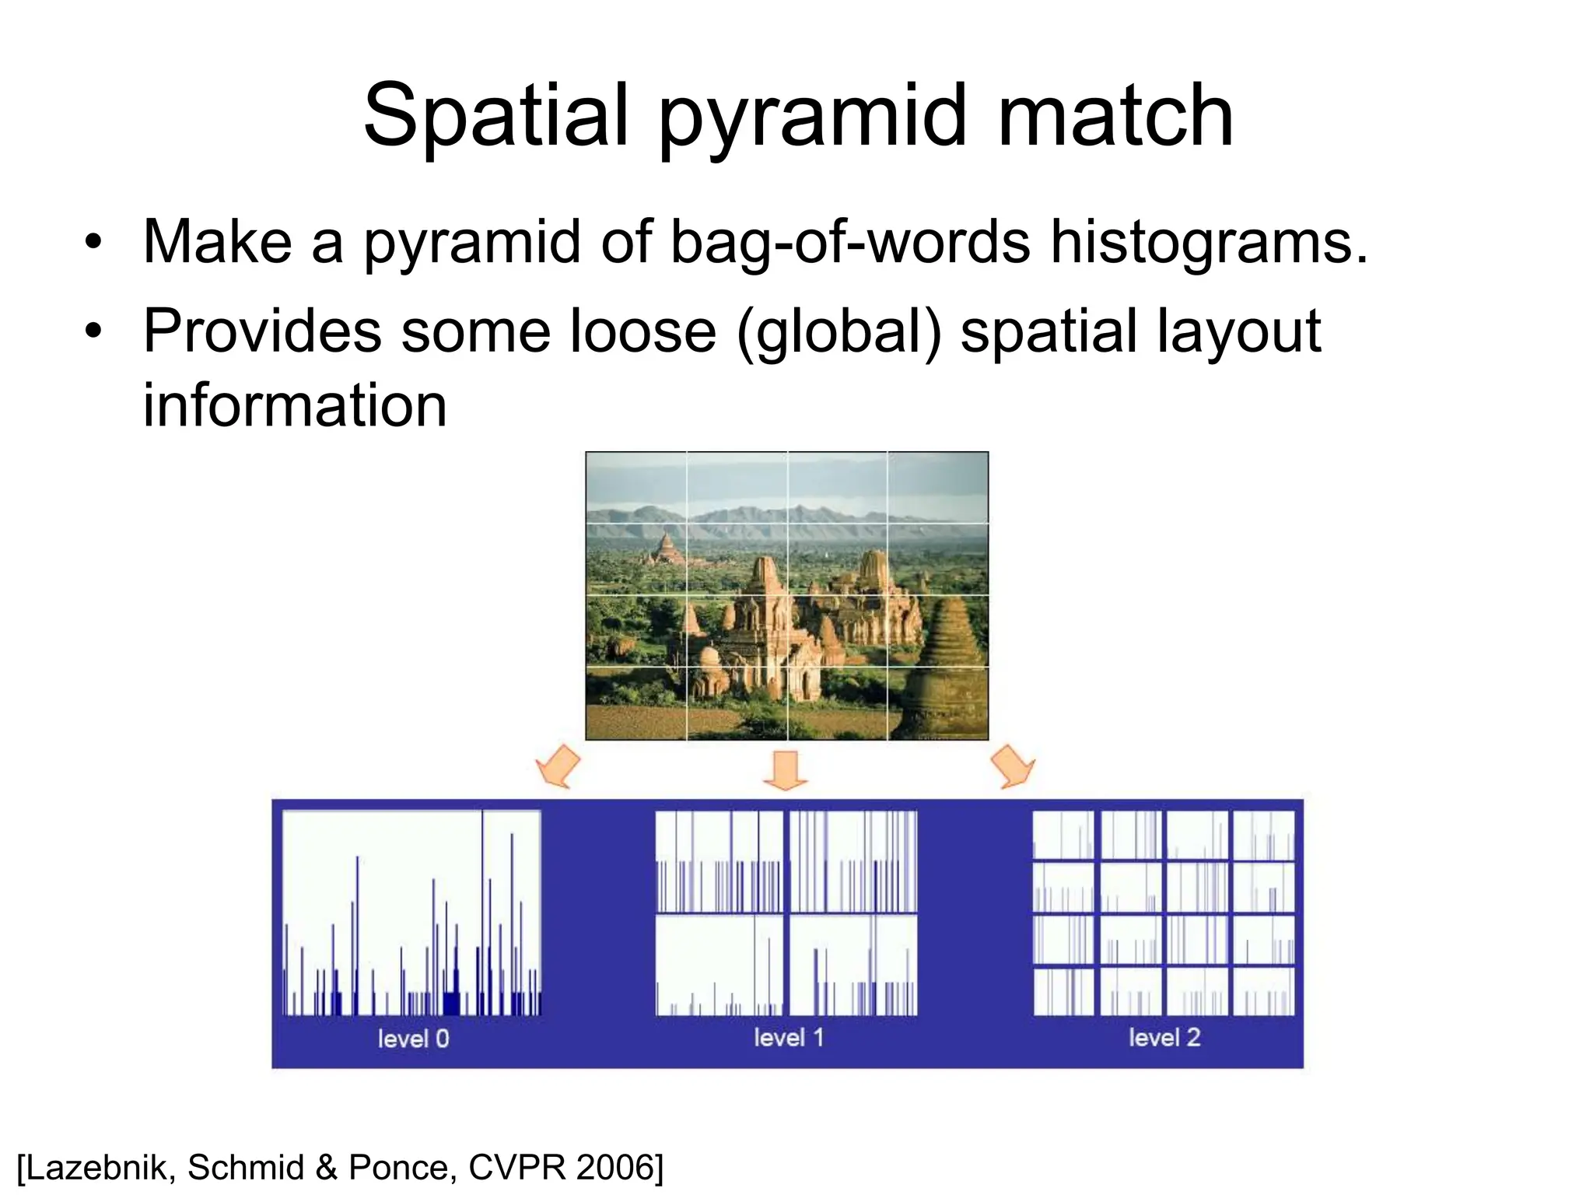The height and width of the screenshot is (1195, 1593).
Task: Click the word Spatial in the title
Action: tap(495, 117)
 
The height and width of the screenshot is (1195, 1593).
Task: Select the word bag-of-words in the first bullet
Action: tap(849, 242)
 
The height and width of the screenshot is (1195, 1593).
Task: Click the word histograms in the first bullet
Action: tap(1208, 242)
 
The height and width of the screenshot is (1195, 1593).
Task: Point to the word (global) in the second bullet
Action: tap(839, 331)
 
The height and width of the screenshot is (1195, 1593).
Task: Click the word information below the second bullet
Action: tap(295, 405)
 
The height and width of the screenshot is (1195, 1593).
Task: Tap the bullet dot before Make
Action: tap(93, 242)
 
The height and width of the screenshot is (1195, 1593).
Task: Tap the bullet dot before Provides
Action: tap(93, 331)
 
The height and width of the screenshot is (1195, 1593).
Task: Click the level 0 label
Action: tap(413, 1039)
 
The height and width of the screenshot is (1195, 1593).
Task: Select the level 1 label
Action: tap(788, 1037)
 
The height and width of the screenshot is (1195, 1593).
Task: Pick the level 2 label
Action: tap(1164, 1037)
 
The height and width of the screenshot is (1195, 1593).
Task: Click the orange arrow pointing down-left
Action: tap(558, 766)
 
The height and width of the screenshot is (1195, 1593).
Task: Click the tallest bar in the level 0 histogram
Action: tap(482, 910)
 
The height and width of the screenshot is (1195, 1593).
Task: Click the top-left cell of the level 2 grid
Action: tap(1063, 834)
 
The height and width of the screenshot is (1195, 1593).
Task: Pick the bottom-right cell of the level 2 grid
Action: tap(1264, 991)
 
